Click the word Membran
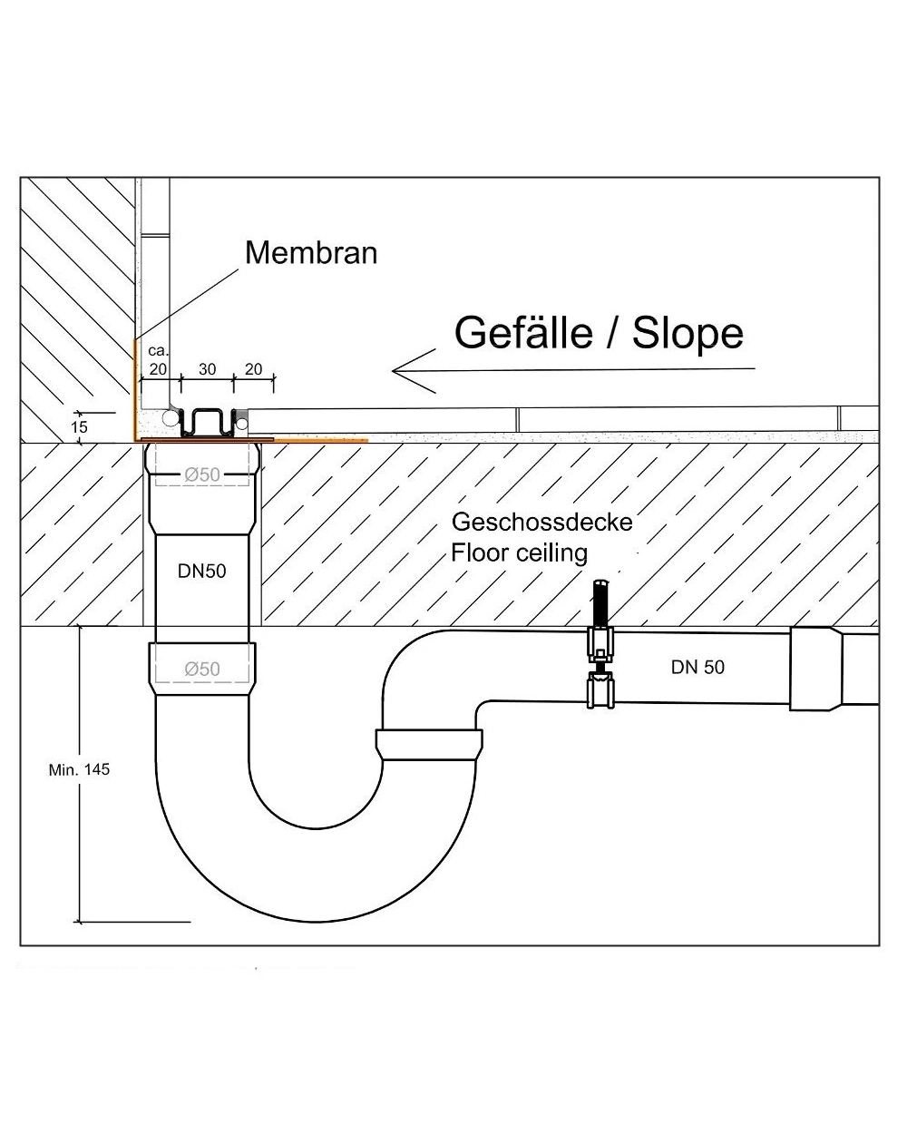click(311, 253)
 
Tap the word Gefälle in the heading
click(523, 333)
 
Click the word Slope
click(688, 333)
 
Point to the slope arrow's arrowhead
click(414, 371)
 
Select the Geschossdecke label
click(541, 523)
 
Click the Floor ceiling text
click(519, 553)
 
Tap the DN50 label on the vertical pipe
click(202, 572)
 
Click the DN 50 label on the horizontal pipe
click(697, 667)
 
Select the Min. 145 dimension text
click(79, 770)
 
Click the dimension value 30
click(207, 369)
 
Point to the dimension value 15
click(79, 426)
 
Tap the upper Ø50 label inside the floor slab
click(202, 474)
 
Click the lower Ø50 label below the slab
click(202, 670)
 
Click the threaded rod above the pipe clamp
click(600, 604)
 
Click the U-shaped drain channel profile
click(208, 423)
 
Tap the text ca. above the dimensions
click(158, 351)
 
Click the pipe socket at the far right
click(815, 670)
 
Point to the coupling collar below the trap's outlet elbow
click(429, 745)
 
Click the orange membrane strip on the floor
click(320, 440)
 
